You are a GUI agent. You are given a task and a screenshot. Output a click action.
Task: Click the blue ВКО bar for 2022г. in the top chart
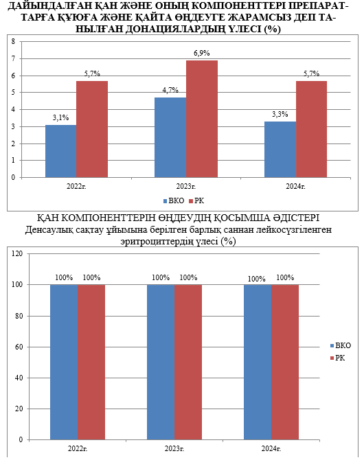coord(61,151)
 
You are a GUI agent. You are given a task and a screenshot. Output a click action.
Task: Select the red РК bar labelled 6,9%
coord(202,119)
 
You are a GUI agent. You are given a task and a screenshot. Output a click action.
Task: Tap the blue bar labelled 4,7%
coord(170,137)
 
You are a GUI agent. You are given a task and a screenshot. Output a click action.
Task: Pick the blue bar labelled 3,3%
coord(280,149)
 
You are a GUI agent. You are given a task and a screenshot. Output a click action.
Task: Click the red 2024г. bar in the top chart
coord(311,129)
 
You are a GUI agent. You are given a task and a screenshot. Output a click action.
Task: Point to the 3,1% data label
coord(60,118)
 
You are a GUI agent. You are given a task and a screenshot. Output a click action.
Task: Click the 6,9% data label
coord(202,53)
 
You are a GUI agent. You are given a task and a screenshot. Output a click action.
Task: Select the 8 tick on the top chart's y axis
coord(13,41)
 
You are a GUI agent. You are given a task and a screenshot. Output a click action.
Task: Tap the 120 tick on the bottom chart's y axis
coord(17,254)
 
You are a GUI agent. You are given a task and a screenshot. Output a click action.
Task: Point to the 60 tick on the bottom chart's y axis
coord(19,347)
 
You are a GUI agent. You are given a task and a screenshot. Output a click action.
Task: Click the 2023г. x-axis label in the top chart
coord(185,187)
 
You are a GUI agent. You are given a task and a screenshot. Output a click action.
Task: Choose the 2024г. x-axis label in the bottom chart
coord(271,449)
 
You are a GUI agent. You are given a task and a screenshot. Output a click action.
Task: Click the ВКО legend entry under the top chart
coord(174,201)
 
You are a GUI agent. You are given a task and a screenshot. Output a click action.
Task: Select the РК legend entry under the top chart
coord(196,201)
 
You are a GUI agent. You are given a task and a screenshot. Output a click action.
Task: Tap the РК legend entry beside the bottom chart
coord(337,358)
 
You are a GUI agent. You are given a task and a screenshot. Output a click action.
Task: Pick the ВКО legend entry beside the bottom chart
coord(340,346)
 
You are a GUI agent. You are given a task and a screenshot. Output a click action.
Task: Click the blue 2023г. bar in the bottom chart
coord(161,363)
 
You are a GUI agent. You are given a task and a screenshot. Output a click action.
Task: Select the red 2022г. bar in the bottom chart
coord(91,363)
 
